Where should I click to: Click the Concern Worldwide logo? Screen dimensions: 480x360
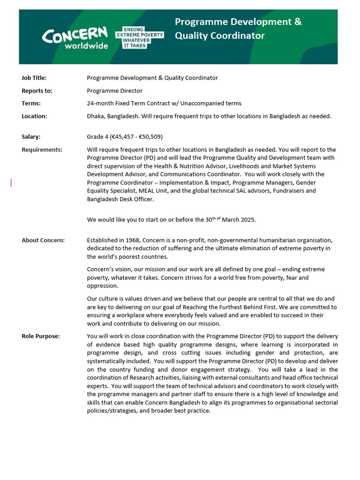[75, 37]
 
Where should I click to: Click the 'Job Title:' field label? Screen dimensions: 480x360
[34, 78]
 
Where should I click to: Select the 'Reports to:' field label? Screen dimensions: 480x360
[37, 91]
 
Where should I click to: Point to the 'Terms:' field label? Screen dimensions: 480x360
[31, 103]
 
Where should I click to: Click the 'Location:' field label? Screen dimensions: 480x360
[34, 116]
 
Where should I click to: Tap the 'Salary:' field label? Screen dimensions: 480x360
[31, 137]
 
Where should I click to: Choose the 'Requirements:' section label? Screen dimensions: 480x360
[42, 150]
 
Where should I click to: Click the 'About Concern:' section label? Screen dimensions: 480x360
[43, 240]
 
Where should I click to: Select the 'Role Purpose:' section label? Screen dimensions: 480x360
[41, 336]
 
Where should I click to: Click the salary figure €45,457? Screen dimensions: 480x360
[121, 137]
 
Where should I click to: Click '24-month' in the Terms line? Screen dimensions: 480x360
[99, 103]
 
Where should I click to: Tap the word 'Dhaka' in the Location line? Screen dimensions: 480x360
[96, 116]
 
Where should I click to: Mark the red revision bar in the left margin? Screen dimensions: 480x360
[11, 183]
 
